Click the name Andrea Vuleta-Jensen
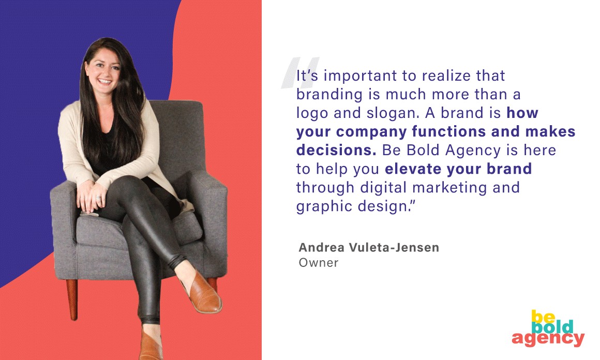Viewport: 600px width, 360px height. pos(369,248)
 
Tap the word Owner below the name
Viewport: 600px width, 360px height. pos(319,263)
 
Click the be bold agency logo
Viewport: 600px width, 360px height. pos(548,328)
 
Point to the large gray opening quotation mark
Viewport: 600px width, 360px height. pos(299,73)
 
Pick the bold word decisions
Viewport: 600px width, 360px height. pos(336,150)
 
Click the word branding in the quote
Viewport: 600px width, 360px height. pos(329,95)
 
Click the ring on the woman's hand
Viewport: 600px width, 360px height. pos(98,198)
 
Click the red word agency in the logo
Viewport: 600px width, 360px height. pos(548,339)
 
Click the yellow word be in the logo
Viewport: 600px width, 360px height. pos(543,317)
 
